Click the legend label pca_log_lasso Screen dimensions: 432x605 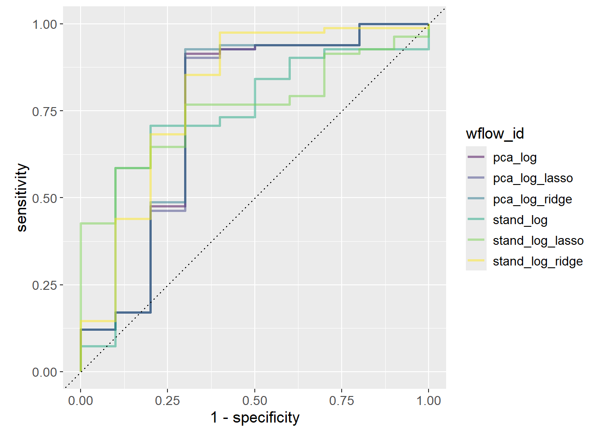tap(533, 178)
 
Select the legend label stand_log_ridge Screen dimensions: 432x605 tap(537, 261)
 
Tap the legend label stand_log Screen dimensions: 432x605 tap(520, 220)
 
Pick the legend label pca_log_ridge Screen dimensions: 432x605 tap(532, 199)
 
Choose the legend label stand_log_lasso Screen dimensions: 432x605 tap(538, 241)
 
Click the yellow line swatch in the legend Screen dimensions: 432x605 tap(476, 261)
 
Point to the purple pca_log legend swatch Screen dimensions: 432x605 tap(476, 157)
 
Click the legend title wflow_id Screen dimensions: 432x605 tap(495, 134)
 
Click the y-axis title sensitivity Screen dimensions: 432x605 tap(22, 198)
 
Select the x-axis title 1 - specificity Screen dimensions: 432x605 tap(255, 418)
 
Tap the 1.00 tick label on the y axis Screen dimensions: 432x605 tap(45, 24)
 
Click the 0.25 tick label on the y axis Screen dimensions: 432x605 tap(45, 285)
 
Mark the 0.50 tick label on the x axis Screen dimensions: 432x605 tap(255, 400)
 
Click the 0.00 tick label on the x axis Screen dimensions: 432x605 tap(81, 400)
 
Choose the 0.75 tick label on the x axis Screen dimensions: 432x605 tap(342, 400)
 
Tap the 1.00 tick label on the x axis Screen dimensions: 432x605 tap(429, 400)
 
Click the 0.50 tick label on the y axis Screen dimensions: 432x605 tap(45, 198)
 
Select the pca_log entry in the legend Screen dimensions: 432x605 tap(515, 157)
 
